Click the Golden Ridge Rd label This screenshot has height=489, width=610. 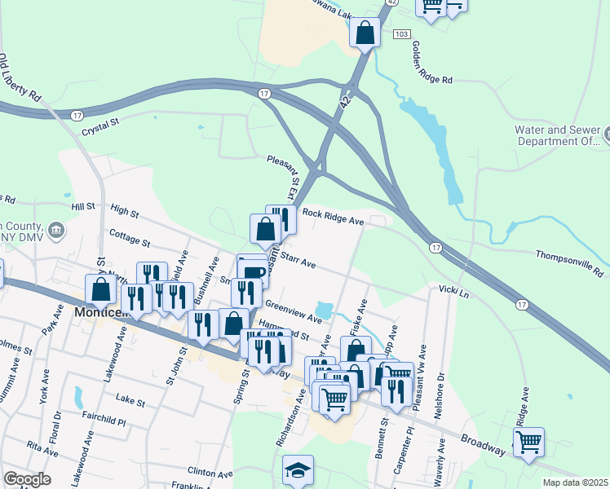coord(432,63)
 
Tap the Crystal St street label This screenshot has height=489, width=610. coord(100,126)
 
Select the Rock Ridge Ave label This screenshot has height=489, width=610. coord(333,216)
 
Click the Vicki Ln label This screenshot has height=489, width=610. coord(453,291)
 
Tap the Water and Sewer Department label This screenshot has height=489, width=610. coord(557,135)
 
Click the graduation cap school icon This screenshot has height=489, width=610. coord(298,470)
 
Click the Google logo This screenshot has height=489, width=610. coord(27,479)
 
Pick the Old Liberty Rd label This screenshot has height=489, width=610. coord(20,77)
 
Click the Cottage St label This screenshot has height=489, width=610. coord(130,238)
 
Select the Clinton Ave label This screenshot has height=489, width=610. coord(210,472)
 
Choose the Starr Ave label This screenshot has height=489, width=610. coord(298,259)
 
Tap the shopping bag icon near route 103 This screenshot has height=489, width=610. coord(365,32)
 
